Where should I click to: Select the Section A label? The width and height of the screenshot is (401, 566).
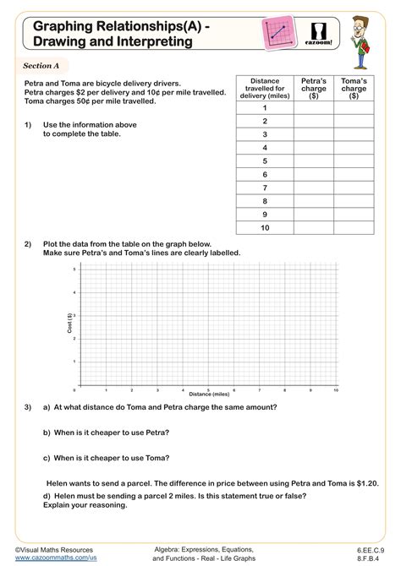(x=39, y=66)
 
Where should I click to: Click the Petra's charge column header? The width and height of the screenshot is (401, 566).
(x=313, y=86)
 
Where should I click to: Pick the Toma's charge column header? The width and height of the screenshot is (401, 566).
(x=353, y=86)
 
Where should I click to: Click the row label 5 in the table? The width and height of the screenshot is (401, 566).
(x=264, y=161)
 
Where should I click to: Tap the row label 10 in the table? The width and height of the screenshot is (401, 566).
(x=264, y=228)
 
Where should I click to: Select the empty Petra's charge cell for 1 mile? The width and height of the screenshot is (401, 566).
(x=313, y=108)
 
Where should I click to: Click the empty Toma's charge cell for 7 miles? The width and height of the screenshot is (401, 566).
(x=353, y=188)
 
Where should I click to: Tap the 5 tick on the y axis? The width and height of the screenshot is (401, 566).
(x=75, y=269)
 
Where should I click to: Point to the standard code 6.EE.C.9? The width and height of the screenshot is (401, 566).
(x=368, y=549)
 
